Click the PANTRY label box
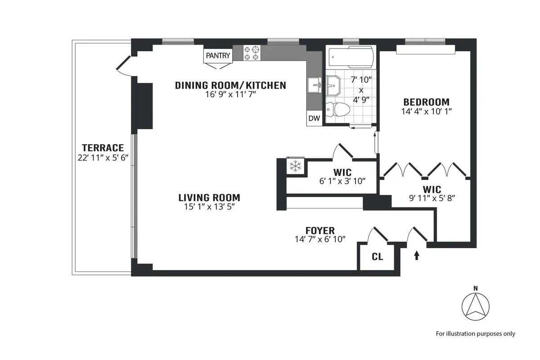tap(218, 56)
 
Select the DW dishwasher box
tap(314, 119)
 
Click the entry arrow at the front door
tap(417, 256)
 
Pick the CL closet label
tap(378, 257)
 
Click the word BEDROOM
tap(426, 102)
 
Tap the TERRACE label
tap(103, 148)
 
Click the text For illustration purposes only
tap(475, 333)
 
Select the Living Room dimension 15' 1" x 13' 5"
tap(209, 207)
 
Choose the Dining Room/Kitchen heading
tap(230, 85)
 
